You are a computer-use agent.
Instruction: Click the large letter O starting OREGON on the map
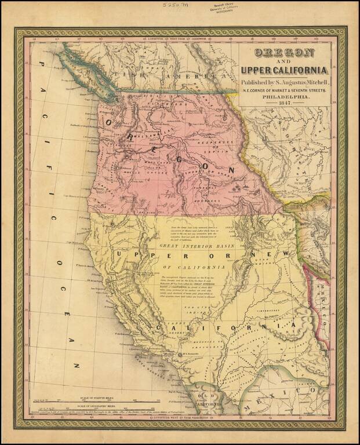click(x=108, y=122)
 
